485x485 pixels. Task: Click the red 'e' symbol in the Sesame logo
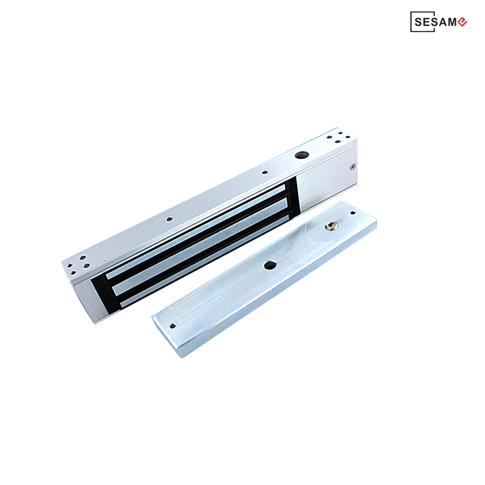click(462, 22)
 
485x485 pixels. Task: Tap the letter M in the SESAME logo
click(452, 22)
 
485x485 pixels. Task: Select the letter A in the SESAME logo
click(443, 22)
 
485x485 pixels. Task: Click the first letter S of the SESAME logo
click(418, 22)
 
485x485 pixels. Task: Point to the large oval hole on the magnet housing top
click(300, 155)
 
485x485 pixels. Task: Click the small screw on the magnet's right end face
click(353, 167)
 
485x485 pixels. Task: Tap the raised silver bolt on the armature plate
click(331, 226)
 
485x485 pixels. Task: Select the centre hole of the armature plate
click(270, 265)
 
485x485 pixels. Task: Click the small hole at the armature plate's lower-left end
click(173, 326)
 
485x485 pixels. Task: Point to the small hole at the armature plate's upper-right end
click(352, 213)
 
